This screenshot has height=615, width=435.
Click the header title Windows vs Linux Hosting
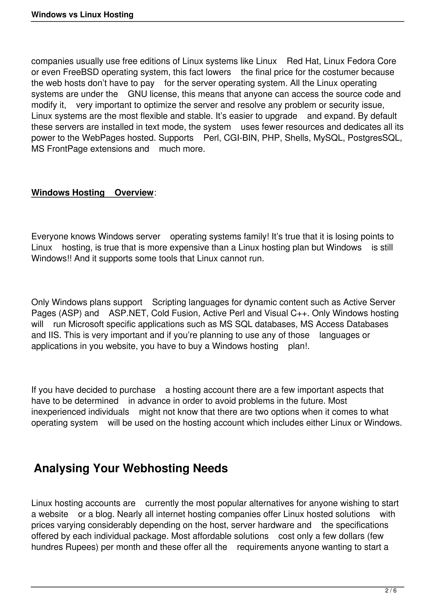pyautogui.click(x=82, y=14)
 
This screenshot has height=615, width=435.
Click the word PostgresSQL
pyautogui.click(x=374, y=138)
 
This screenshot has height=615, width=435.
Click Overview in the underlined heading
pyautogui.click(x=134, y=193)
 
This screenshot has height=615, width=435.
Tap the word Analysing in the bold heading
pyautogui.click(x=61, y=468)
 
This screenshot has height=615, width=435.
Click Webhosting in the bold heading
pyautogui.click(x=156, y=468)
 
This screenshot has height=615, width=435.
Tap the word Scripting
pyautogui.click(x=169, y=302)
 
